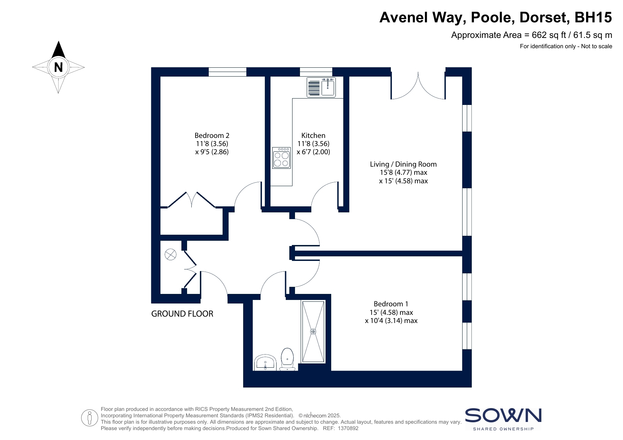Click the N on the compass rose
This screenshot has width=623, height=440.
point(59,67)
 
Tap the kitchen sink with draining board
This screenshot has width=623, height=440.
point(321,87)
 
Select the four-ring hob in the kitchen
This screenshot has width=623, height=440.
point(282,158)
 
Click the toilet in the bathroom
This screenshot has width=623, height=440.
point(287,360)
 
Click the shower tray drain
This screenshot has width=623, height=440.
point(313,332)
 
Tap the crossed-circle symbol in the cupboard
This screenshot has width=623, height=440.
point(170,255)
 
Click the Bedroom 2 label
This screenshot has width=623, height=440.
point(212,135)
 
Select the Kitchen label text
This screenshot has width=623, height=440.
point(313,135)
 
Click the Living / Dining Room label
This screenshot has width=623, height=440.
point(403,164)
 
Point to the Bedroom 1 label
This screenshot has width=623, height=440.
point(391,304)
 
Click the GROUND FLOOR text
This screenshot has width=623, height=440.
point(182,314)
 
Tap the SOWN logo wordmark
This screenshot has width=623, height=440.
point(503,416)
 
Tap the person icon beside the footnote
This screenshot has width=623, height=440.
point(89,418)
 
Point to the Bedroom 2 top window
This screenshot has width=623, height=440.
point(227,72)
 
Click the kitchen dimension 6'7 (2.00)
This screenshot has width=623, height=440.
point(313,152)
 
